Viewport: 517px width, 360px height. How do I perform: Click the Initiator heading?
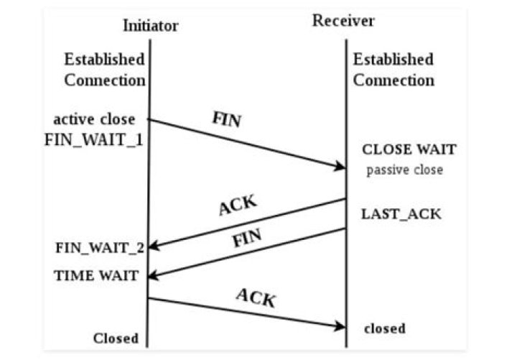pyautogui.click(x=150, y=26)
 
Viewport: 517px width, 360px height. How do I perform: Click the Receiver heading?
pyautogui.click(x=343, y=21)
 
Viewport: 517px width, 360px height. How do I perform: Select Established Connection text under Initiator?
pyautogui.click(x=104, y=69)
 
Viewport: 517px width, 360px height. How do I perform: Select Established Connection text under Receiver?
pyautogui.click(x=393, y=69)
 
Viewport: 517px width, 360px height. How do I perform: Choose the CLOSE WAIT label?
pyautogui.click(x=409, y=150)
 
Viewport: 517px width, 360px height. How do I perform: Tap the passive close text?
pyautogui.click(x=405, y=171)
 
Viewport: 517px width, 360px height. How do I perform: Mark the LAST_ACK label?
pyautogui.click(x=401, y=213)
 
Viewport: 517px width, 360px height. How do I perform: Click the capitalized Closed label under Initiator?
pyautogui.click(x=115, y=338)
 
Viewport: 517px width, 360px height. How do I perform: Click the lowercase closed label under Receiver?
pyautogui.click(x=385, y=328)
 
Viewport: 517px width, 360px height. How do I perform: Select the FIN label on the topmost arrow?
pyautogui.click(x=226, y=120)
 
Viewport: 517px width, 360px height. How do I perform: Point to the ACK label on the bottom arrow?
pyautogui.click(x=256, y=296)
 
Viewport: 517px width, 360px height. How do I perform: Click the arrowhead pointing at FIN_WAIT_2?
pyautogui.click(x=153, y=247)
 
